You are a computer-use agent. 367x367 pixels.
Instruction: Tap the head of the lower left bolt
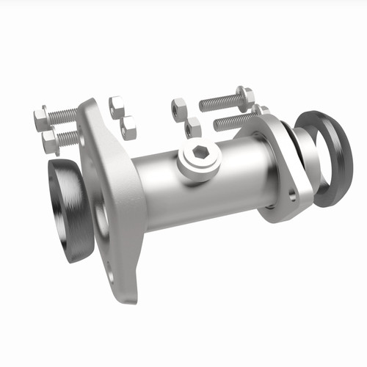coord(50,142)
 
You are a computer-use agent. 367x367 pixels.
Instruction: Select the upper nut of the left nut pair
coord(117,106)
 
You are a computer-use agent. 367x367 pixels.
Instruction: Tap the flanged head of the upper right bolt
coord(245,95)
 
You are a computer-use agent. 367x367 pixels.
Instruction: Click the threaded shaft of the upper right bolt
coord(218,103)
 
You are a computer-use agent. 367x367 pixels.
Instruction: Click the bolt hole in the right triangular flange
coord(293,197)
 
